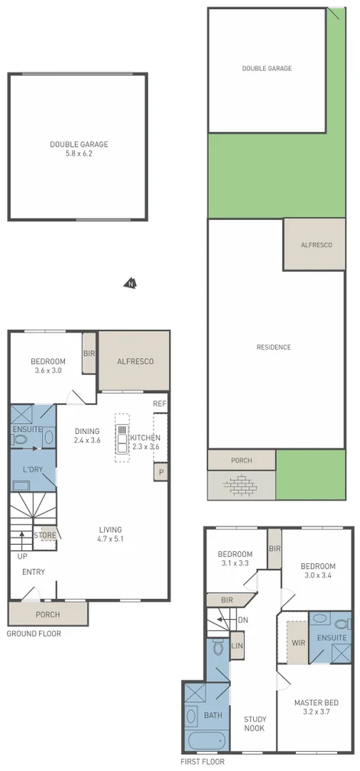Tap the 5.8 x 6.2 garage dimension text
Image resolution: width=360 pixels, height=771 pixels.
(x=79, y=154)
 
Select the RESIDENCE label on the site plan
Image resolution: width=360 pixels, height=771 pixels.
(x=273, y=348)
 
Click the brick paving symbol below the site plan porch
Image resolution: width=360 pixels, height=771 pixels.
(x=241, y=484)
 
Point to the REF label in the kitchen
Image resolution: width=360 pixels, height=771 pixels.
(x=159, y=403)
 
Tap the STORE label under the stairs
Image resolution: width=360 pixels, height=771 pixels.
(x=45, y=536)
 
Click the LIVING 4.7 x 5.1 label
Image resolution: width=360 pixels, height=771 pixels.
(x=110, y=534)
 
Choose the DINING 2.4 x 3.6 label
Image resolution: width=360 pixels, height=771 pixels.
(x=86, y=436)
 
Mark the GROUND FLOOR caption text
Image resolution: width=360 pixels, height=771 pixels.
(x=34, y=633)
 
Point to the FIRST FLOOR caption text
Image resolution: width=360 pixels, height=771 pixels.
(x=203, y=762)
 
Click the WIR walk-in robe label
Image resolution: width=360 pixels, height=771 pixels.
(x=298, y=643)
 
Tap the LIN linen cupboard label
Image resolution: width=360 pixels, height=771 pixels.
(x=237, y=646)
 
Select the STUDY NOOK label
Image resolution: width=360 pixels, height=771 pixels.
(x=254, y=723)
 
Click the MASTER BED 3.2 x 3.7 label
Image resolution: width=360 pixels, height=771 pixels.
(x=316, y=707)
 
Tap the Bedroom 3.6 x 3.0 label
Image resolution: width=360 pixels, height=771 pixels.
(x=47, y=366)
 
